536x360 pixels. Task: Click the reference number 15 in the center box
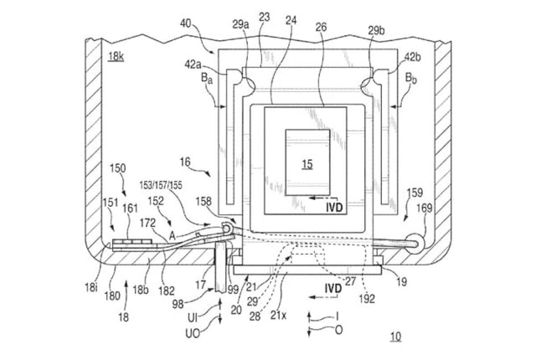(x=307, y=164)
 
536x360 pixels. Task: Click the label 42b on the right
(x=412, y=57)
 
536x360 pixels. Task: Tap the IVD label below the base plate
(x=333, y=289)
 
